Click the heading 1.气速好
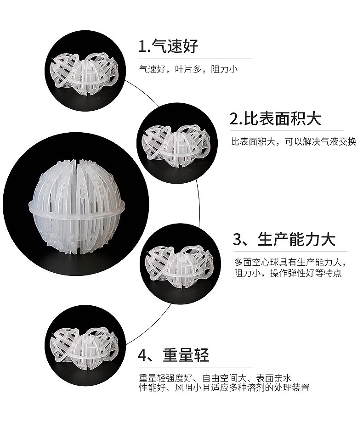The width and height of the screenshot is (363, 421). [168, 46]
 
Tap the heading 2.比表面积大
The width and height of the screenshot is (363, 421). [275, 118]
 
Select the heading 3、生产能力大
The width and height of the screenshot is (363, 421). [284, 239]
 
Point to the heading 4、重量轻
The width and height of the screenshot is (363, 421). [173, 355]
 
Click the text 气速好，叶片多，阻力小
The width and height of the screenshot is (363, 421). [188, 69]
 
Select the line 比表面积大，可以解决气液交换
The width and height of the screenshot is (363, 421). [294, 141]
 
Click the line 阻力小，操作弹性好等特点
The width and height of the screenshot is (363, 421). [288, 273]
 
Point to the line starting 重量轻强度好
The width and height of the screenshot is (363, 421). [215, 378]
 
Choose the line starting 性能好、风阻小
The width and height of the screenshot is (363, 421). [224, 387]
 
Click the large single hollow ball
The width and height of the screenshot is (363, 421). [77, 206]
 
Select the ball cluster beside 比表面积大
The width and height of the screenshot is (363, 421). [176, 145]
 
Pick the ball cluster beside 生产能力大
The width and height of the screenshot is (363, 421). [179, 266]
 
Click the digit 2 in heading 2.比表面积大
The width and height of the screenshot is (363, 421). [234, 119]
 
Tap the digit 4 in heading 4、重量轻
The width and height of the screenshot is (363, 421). [142, 355]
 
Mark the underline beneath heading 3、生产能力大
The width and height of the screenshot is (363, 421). [290, 251]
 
